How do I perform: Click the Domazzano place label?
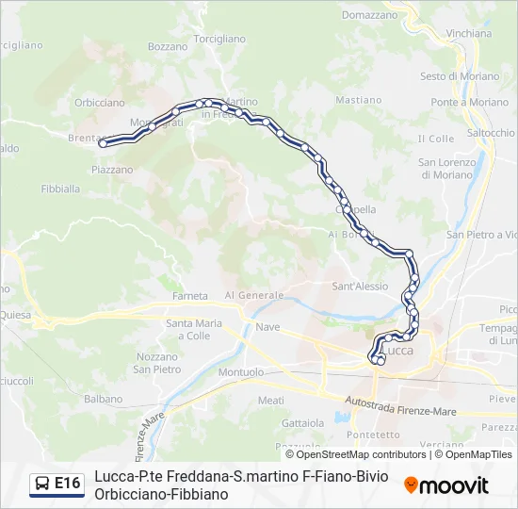[x=369, y=15]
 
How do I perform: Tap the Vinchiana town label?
[x=469, y=33]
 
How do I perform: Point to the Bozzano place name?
[x=168, y=46]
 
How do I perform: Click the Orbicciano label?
[x=99, y=103]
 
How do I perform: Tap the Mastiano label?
[x=358, y=100]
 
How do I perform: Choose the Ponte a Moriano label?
[x=456, y=102]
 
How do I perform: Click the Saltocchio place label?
[x=491, y=133]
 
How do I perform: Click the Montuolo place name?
[x=241, y=372]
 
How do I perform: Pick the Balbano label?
[x=103, y=399]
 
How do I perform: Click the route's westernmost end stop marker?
[x=103, y=143]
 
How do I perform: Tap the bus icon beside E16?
[x=43, y=484]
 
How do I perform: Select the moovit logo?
[x=446, y=485]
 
